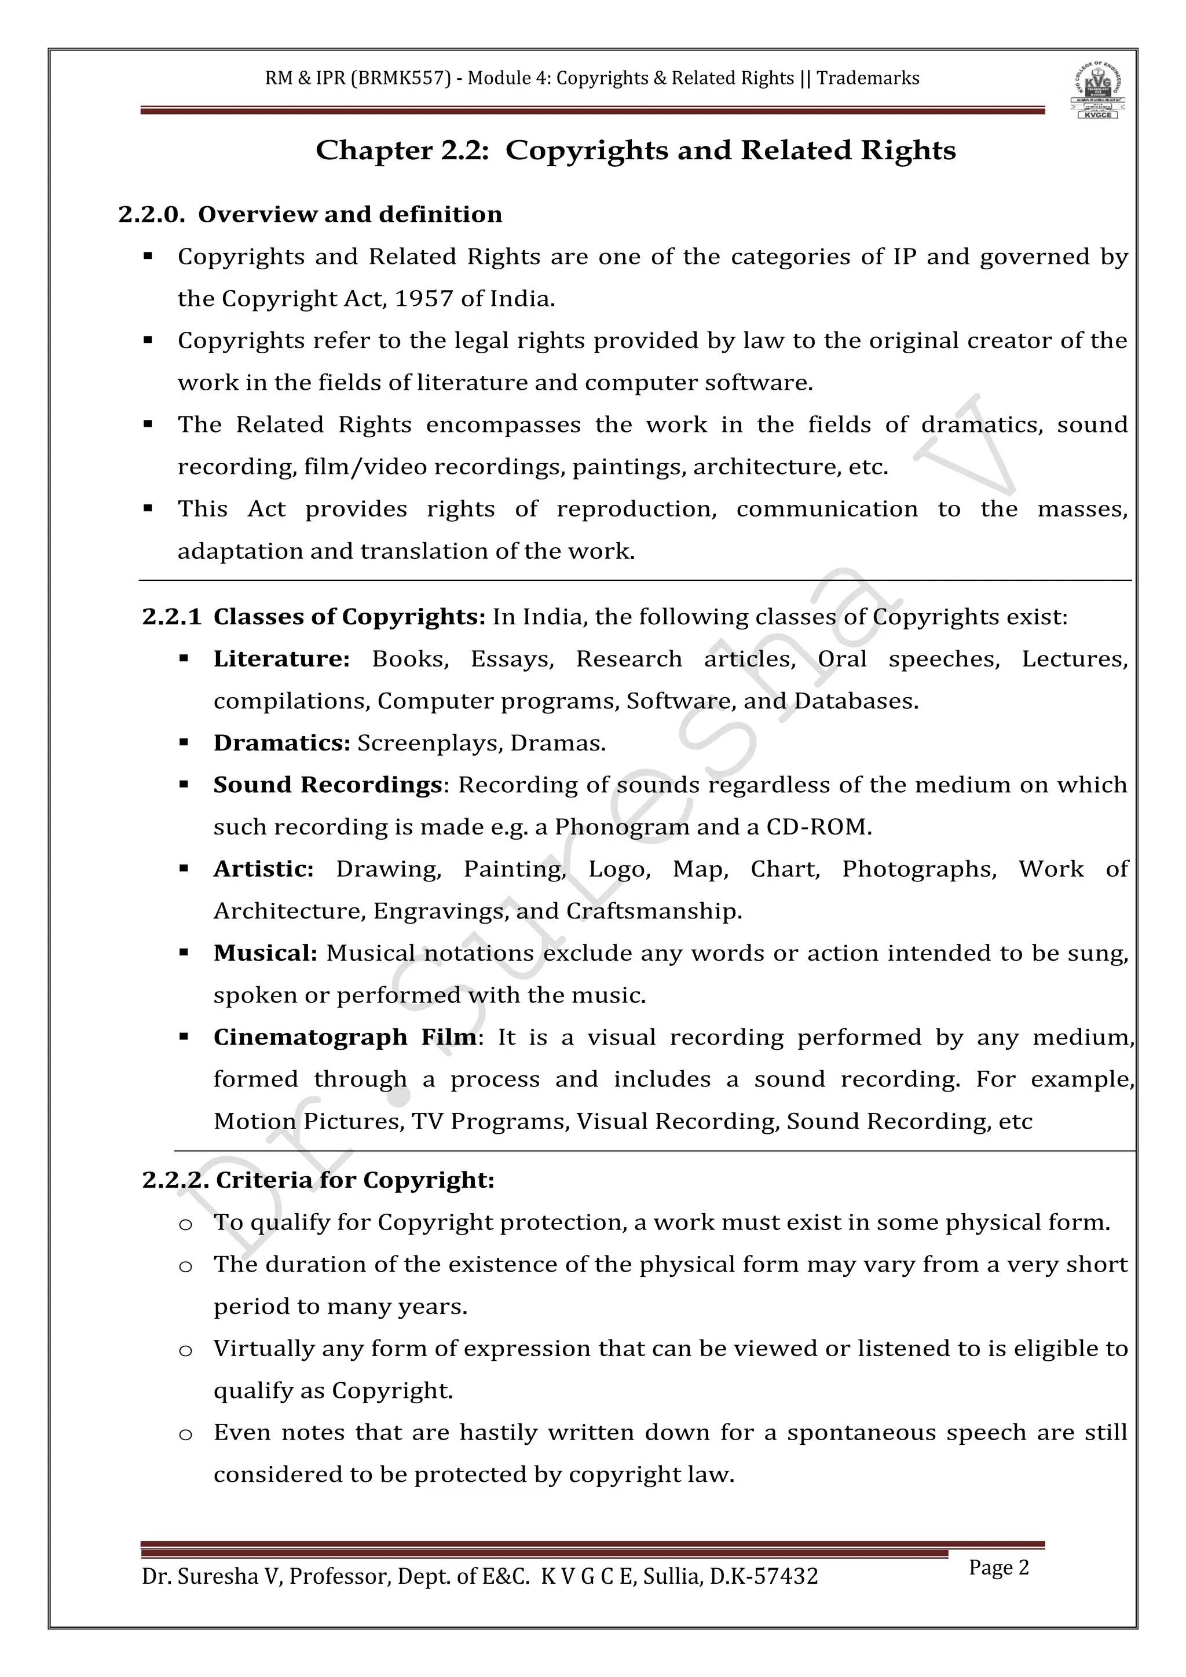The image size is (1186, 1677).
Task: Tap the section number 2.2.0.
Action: (x=151, y=215)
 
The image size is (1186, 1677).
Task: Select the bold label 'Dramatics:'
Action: (x=282, y=743)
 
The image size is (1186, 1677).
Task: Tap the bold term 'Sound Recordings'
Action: (x=327, y=785)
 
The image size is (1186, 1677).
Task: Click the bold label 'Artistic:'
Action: (x=263, y=869)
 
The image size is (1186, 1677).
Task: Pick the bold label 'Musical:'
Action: (x=265, y=953)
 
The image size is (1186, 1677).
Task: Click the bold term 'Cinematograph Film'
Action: (x=345, y=1037)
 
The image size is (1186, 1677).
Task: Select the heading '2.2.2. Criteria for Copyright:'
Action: (x=319, y=1180)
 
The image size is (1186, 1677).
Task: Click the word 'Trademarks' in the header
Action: (x=867, y=78)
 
